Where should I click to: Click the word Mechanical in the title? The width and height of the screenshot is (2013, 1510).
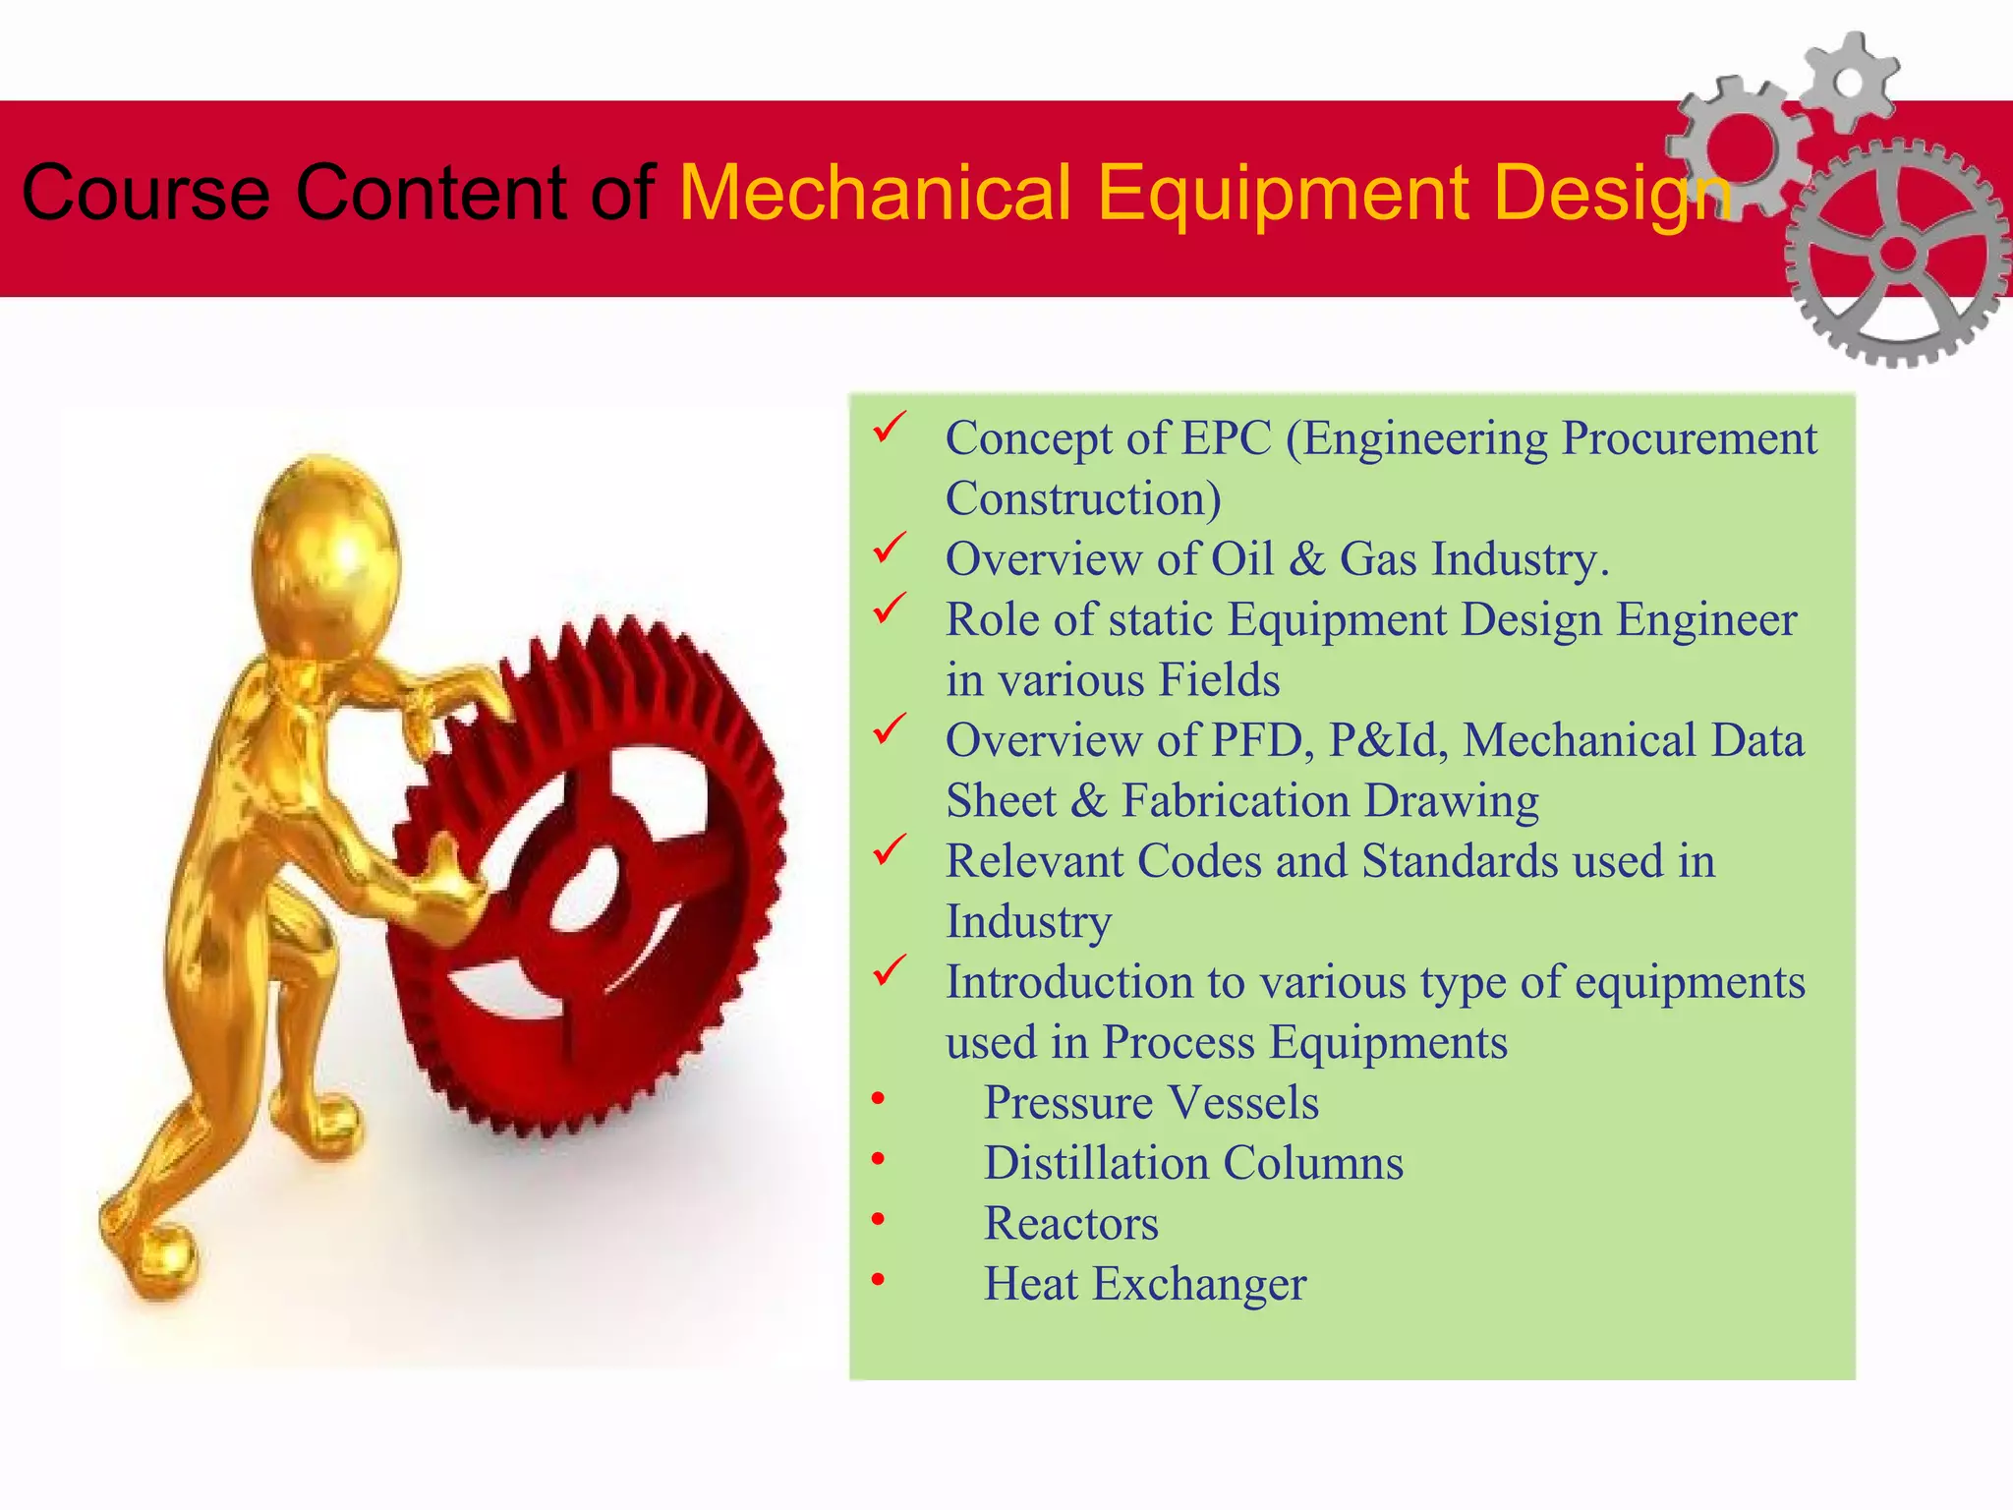874,193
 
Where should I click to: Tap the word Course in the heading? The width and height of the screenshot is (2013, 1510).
145,193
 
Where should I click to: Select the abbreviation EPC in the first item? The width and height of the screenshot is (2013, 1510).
1226,438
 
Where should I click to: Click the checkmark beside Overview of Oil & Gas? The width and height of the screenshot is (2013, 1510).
890,549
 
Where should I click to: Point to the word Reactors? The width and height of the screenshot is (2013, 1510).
1071,1224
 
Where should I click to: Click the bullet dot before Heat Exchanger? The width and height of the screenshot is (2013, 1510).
878,1280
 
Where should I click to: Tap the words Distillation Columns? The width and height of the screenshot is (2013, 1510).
1193,1164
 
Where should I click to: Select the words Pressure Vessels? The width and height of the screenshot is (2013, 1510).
1151,1103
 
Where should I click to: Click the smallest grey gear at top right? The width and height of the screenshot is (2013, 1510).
1849,82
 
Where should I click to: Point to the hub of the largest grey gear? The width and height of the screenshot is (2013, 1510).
1898,254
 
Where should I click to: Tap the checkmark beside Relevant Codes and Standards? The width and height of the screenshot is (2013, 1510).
890,850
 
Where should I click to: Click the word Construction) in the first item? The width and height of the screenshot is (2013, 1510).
1083,499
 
